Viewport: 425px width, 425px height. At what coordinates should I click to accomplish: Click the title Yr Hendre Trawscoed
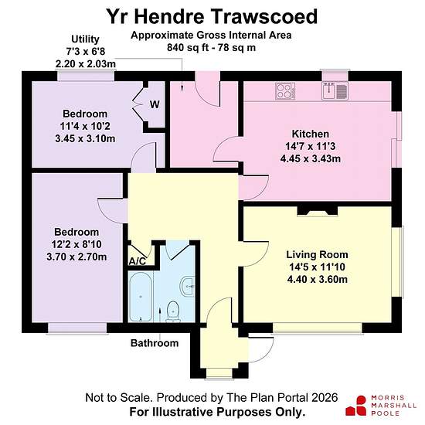212,16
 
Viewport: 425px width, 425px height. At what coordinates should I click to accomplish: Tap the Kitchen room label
311,134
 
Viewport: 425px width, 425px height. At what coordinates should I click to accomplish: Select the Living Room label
317,254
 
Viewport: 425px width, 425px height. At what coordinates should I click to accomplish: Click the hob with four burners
285,91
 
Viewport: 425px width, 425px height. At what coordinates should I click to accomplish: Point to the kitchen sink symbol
335,91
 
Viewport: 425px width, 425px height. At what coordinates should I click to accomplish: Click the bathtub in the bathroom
141,297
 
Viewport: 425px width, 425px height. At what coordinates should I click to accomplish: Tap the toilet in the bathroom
173,311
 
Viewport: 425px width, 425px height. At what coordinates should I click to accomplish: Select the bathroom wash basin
187,286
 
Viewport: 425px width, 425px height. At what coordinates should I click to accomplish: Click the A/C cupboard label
137,261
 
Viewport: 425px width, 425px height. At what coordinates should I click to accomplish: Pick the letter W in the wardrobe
155,104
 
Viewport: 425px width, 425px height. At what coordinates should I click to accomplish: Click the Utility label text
85,39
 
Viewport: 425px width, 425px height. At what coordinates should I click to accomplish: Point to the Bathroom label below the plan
155,343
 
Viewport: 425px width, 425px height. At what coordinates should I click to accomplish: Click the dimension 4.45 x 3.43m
311,158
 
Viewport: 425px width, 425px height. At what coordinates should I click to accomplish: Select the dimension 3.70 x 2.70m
76,257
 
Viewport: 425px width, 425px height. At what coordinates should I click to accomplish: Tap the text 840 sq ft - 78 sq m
211,48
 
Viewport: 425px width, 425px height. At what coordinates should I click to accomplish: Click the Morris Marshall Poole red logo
356,406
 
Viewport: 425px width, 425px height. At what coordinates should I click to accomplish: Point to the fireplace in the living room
318,211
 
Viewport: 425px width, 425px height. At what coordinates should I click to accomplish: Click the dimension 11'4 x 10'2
85,126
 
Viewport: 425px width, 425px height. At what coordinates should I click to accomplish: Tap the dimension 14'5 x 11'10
317,267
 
